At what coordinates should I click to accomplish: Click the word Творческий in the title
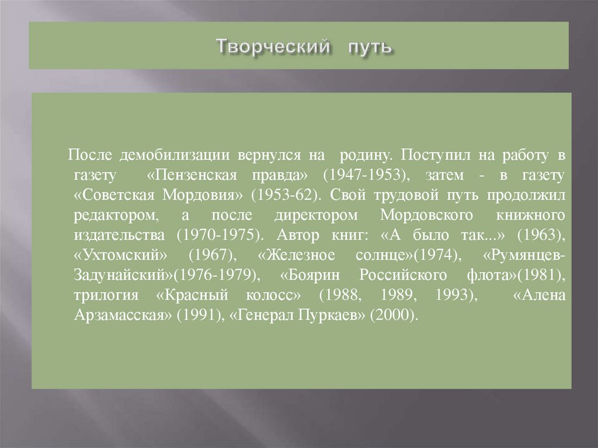pyautogui.click(x=271, y=46)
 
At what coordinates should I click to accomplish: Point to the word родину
pyautogui.click(x=361, y=155)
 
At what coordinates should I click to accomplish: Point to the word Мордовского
pyautogui.click(x=426, y=215)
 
